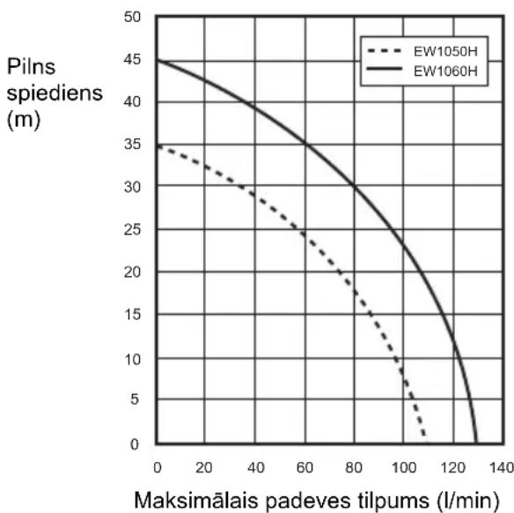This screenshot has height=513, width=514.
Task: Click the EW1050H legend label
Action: coord(445,51)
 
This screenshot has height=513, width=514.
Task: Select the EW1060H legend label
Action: coord(445,71)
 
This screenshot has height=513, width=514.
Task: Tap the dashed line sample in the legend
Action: coord(385,51)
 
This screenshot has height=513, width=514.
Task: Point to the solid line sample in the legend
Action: coord(385,69)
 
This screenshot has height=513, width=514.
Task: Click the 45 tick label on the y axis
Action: coord(132,59)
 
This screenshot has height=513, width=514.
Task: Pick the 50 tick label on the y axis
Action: coord(132,17)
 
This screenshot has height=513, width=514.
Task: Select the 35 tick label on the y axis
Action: coord(132,144)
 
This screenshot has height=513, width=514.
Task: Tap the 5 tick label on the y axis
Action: coord(135,399)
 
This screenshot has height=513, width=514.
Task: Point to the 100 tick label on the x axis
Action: coord(404,467)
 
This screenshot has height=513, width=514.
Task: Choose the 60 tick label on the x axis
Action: coord(305,467)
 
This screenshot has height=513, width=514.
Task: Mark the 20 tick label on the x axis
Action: coord(204,467)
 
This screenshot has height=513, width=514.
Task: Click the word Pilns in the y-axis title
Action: coord(31,67)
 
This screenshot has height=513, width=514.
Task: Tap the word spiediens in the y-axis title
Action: coord(55,93)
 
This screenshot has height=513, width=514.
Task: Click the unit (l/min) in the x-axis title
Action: coord(468,501)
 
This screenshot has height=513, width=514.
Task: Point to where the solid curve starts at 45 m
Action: coord(157,61)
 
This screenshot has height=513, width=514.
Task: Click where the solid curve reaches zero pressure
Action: coord(476,443)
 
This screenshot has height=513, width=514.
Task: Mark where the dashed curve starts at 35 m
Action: coord(157,145)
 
